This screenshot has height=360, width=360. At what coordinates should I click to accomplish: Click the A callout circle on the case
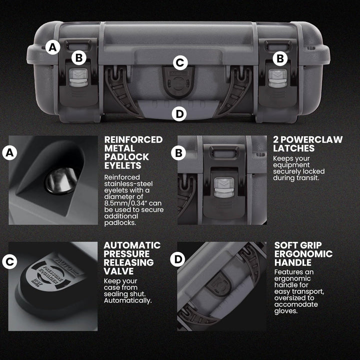[52, 47]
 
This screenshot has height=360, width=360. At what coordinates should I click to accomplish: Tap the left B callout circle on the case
[79, 58]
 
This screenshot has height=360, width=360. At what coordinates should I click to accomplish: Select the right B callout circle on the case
[280, 58]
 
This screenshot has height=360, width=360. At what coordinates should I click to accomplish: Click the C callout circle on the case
[180, 62]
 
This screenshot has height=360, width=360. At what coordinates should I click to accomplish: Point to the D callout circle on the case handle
[179, 114]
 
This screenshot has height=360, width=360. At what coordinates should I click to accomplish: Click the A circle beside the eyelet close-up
[9, 152]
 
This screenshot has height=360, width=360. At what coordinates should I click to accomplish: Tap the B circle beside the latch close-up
[178, 153]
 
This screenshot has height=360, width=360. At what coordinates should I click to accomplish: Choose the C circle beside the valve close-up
[9, 261]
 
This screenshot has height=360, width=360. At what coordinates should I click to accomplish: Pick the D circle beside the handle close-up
[177, 259]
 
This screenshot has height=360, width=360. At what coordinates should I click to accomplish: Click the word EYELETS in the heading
[122, 165]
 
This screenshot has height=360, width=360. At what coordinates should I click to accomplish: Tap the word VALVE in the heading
[118, 271]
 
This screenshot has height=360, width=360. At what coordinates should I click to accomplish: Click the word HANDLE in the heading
[292, 262]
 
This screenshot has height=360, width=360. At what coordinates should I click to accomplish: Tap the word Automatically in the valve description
[127, 300]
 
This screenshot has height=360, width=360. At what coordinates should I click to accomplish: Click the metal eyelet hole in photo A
[61, 180]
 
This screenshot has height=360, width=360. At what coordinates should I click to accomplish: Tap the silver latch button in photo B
[224, 187]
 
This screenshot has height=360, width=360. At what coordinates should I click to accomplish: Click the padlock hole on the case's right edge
[311, 48]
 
